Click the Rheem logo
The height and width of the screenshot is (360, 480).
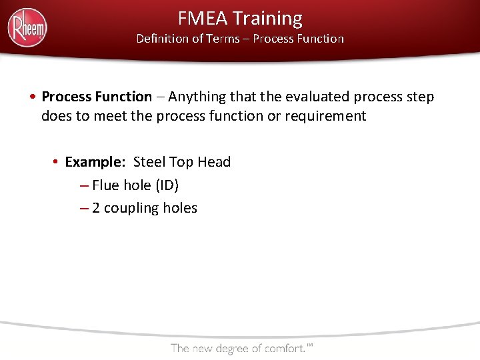[27, 27]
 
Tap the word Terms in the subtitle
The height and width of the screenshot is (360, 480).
[223, 39]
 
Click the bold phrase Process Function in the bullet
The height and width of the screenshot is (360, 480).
[97, 97]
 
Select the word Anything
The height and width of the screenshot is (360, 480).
[197, 97]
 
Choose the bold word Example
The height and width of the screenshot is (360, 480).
[95, 162]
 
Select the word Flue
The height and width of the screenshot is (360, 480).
[106, 185]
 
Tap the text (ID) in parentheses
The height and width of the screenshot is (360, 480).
[167, 185]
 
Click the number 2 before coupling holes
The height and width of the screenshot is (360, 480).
[96, 208]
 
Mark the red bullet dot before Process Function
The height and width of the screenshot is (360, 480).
[33, 97]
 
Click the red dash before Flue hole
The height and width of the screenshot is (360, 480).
[83, 185]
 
